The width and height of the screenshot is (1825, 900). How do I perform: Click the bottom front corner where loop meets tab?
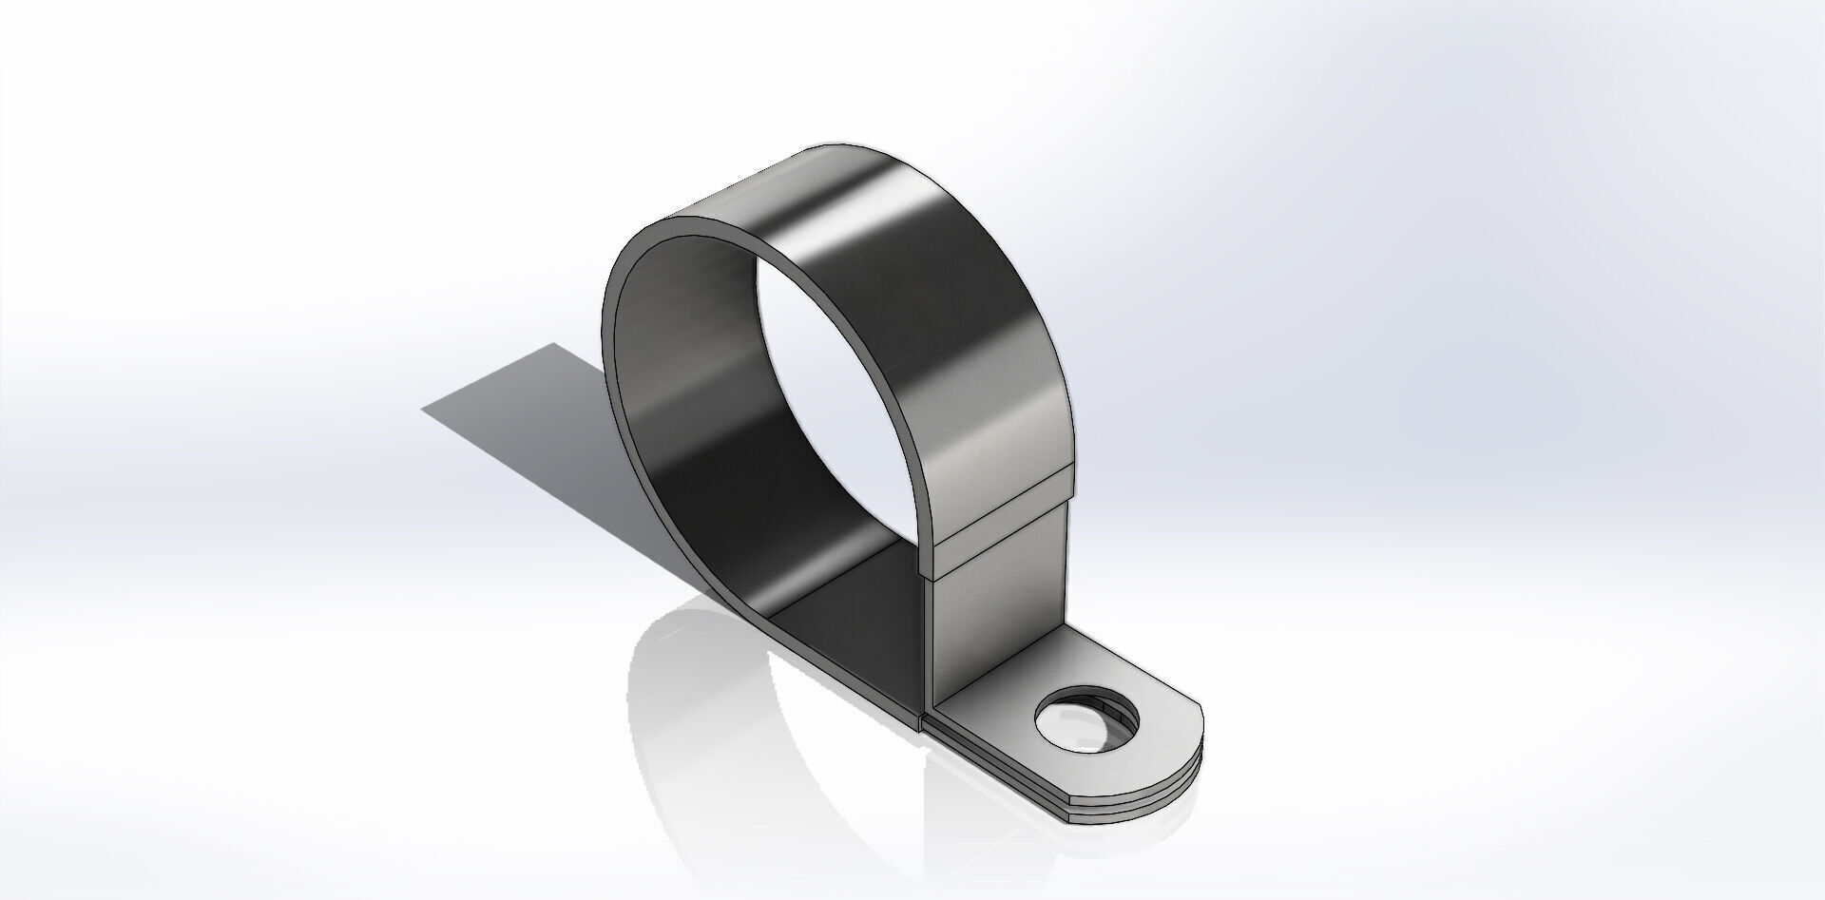click(924, 722)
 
